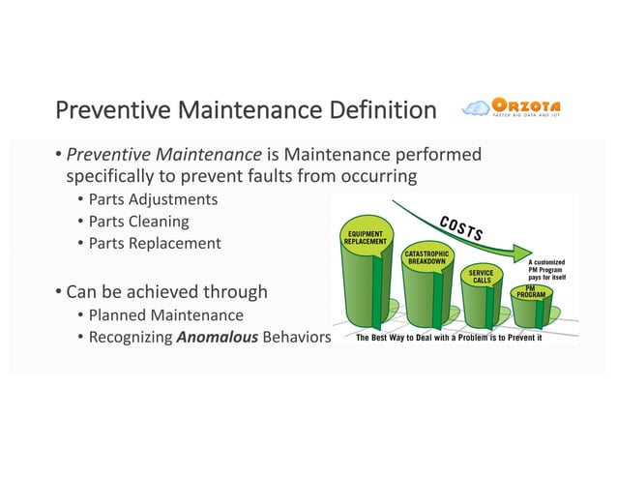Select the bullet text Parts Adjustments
tap(153, 199)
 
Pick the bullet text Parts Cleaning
tap(138, 222)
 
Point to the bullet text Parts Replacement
tap(155, 243)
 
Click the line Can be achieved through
tap(166, 291)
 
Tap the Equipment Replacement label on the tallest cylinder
tap(366, 237)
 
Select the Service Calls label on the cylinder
tap(482, 277)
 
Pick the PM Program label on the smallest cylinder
tap(531, 290)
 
